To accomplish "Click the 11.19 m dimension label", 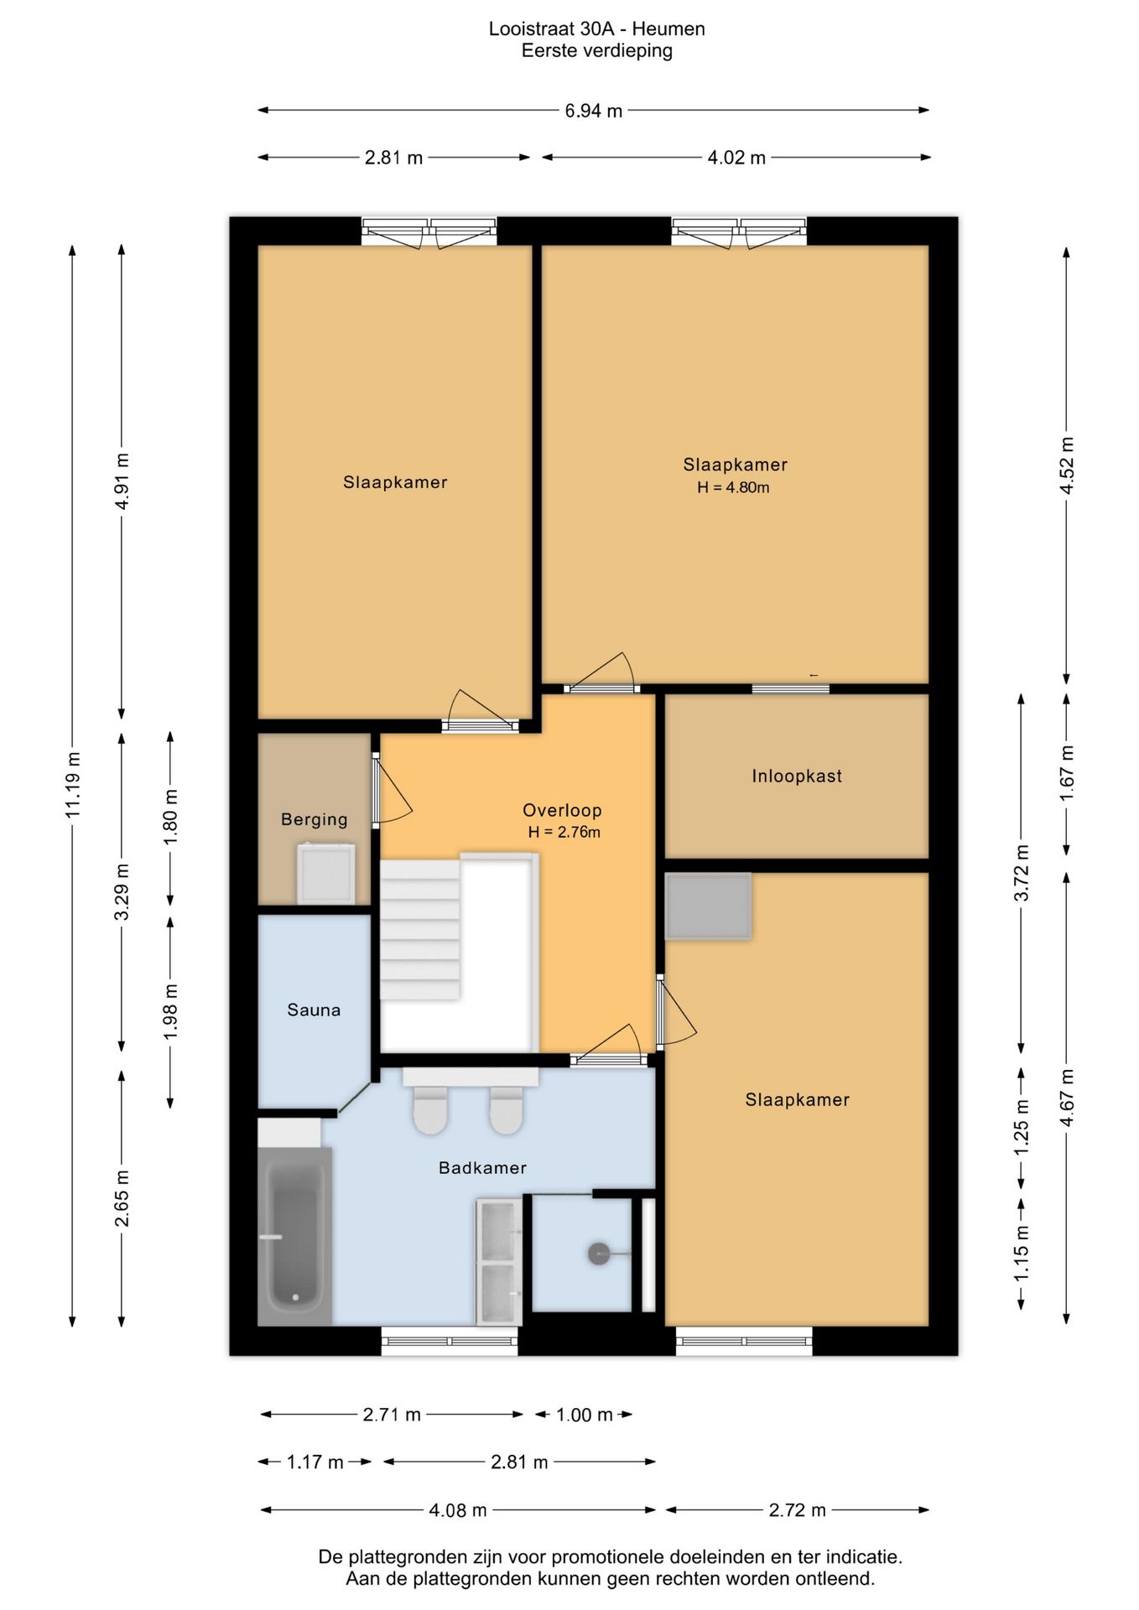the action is click(x=73, y=785).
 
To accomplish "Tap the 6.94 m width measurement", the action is click(x=594, y=111).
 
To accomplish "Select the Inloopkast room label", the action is click(x=797, y=776).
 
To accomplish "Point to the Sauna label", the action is click(x=314, y=1010).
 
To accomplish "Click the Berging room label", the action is click(x=315, y=819).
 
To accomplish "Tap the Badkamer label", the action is click(x=482, y=1167).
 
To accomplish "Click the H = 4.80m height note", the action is click(x=733, y=487).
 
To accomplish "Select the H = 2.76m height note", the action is click(x=564, y=832).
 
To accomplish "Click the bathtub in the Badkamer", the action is click(x=294, y=1236).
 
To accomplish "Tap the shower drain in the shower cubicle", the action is click(x=599, y=1254).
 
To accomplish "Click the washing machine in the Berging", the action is click(x=325, y=874).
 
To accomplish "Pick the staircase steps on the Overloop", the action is click(x=420, y=929).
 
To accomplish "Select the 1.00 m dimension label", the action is click(x=585, y=1415).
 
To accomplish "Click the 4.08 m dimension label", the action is click(x=458, y=1510).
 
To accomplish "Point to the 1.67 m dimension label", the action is click(x=1067, y=772).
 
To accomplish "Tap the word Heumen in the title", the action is click(x=668, y=29).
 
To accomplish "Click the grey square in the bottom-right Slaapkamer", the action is click(x=708, y=906).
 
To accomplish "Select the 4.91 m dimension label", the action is click(x=122, y=481).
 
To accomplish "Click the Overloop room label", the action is click(x=562, y=810).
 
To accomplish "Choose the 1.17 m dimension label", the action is click(x=315, y=1462).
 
